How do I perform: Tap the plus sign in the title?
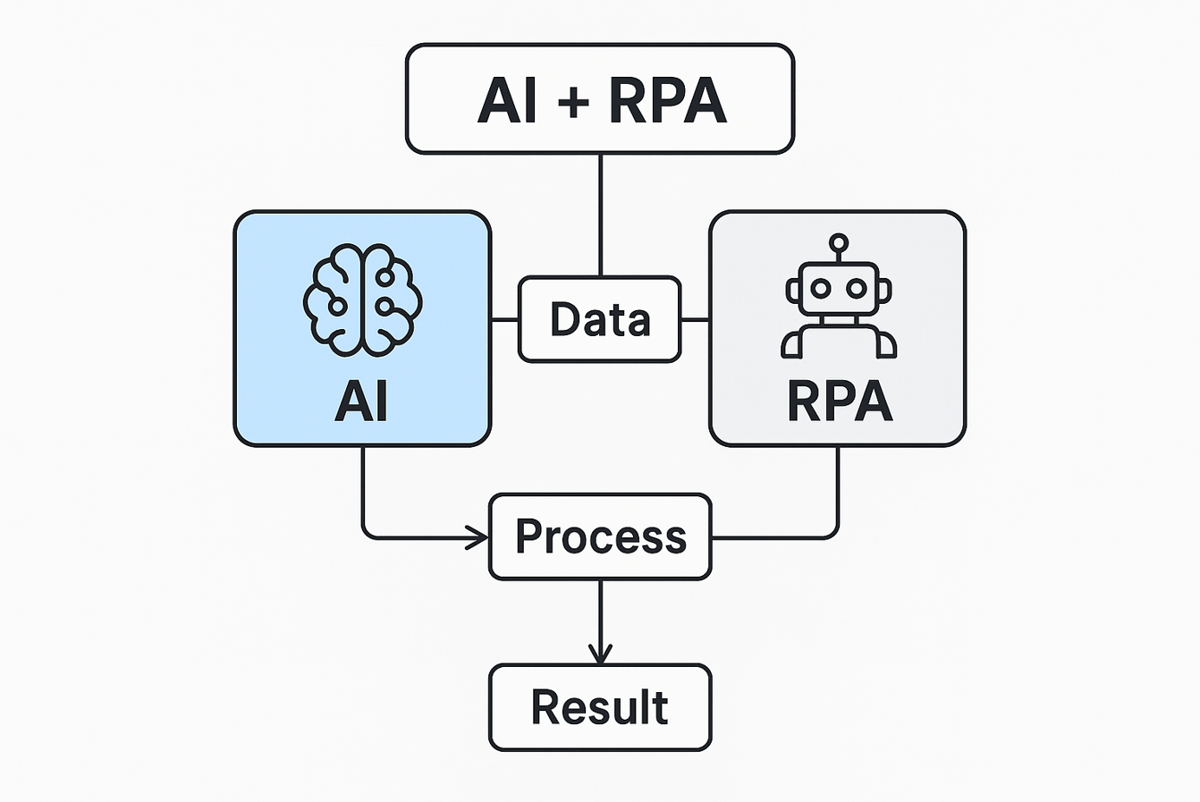[x=573, y=101]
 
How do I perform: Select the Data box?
[x=600, y=319]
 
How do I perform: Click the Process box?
[x=600, y=537]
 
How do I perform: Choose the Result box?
[x=600, y=707]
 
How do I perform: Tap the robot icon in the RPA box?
[x=838, y=300]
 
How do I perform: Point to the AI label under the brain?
[x=361, y=401]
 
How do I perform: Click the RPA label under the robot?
[x=840, y=401]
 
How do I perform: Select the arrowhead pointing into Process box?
[x=478, y=537]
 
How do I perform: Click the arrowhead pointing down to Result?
[x=600, y=653]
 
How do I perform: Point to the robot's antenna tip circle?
[x=838, y=241]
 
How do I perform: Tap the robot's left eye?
[x=820, y=288]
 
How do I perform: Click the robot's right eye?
[x=857, y=288]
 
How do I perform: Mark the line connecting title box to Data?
[x=600, y=215]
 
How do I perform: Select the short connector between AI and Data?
[x=505, y=319]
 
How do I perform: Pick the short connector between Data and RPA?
[x=695, y=319]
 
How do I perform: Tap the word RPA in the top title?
[x=668, y=99]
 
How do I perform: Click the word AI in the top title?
[x=508, y=99]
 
